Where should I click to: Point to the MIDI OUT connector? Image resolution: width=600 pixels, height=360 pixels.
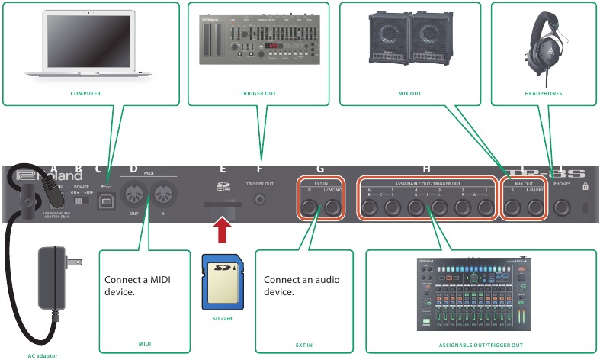(132, 196)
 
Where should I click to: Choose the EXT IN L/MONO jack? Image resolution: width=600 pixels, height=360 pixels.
(332, 207)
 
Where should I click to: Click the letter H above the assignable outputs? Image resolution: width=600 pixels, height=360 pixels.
(427, 169)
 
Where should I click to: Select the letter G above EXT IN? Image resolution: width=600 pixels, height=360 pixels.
(320, 169)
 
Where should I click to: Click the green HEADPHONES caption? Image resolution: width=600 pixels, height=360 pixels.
(543, 94)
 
